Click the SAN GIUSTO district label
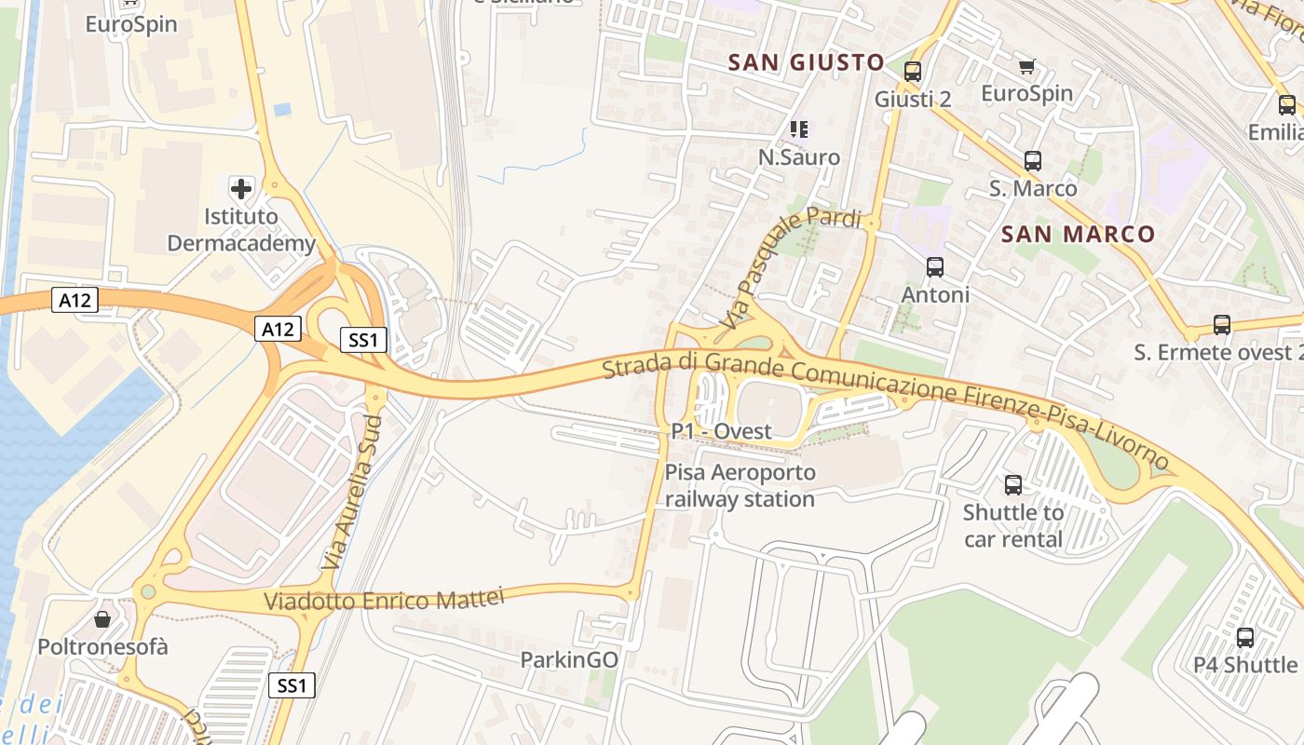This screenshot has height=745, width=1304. (806, 62)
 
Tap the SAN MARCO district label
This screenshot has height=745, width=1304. (1078, 234)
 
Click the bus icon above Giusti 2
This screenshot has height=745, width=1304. (913, 71)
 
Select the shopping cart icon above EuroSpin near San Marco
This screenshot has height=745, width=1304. (1026, 66)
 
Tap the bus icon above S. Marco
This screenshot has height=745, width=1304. (1032, 160)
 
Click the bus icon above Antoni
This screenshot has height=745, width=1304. (935, 267)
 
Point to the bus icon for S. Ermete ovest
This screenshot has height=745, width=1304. (1222, 325)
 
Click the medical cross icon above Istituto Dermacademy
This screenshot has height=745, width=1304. (241, 189)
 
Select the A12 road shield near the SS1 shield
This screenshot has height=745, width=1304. (278, 329)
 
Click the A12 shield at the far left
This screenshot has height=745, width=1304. (75, 300)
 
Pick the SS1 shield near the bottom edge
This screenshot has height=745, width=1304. (292, 686)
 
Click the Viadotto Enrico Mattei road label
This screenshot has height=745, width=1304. (384, 598)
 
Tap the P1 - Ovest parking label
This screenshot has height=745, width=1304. (722, 431)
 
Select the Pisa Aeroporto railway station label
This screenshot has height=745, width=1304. (740, 485)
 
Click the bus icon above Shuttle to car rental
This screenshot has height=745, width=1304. (1013, 485)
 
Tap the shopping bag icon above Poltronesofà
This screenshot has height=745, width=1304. (102, 619)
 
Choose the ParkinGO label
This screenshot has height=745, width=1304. (568, 659)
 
